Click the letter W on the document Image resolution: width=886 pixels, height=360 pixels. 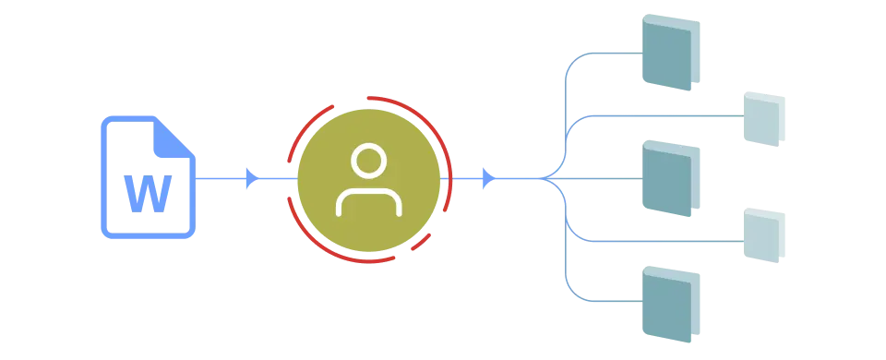[x=148, y=193]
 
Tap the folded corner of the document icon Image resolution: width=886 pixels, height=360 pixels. [x=173, y=138]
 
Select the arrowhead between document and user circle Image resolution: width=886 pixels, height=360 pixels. [x=253, y=178]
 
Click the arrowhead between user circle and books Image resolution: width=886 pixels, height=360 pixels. [x=489, y=178]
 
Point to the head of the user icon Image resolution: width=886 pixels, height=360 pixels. [x=369, y=161]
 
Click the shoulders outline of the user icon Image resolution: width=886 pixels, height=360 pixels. [x=369, y=201]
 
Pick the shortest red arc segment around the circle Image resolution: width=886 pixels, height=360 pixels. [x=421, y=242]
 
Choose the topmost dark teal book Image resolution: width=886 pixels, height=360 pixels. [x=671, y=52]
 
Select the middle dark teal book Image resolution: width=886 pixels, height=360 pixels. [x=671, y=178]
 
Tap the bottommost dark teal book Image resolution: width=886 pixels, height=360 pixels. [x=671, y=304]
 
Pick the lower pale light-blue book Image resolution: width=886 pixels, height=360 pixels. [x=764, y=235]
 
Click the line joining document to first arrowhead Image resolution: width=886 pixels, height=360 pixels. [x=221, y=178]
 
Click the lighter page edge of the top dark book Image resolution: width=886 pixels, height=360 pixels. [x=696, y=53]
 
